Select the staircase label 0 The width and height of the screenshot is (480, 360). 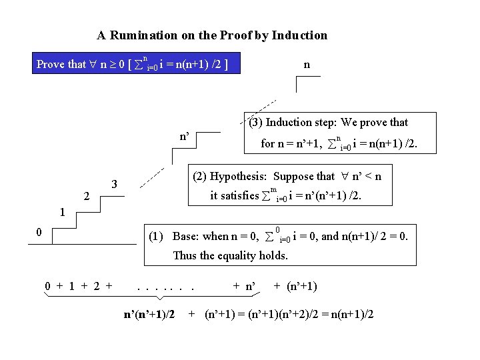tap(39, 232)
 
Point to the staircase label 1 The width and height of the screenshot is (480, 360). tap(61, 213)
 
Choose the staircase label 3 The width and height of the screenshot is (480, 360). tap(115, 183)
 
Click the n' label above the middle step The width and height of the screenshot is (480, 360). tap(185, 137)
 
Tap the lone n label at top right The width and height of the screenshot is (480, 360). tap(306, 65)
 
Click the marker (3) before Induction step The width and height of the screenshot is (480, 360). tap(256, 123)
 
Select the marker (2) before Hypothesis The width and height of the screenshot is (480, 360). tap(199, 177)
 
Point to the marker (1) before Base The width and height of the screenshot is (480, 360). tap(157, 237)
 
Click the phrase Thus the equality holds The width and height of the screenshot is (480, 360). tap(230, 255)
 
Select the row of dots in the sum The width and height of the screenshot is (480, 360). tap(165, 287)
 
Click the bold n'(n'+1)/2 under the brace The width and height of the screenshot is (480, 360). tap(150, 313)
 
